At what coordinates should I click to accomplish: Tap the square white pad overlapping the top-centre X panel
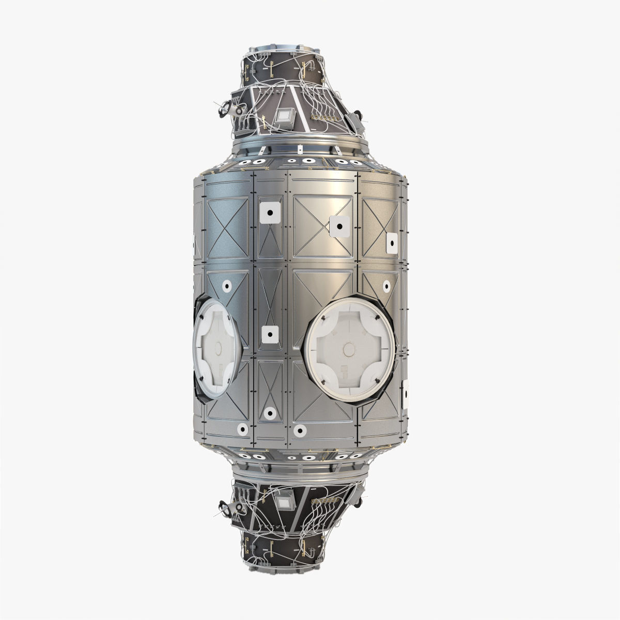(x=338, y=225)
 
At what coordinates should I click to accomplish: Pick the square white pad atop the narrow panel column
(x=270, y=212)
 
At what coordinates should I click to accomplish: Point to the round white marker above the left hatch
(x=226, y=285)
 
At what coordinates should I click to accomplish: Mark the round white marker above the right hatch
(x=386, y=285)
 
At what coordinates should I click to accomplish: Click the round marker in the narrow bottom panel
(x=269, y=413)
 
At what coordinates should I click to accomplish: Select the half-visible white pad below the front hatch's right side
(x=406, y=394)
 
